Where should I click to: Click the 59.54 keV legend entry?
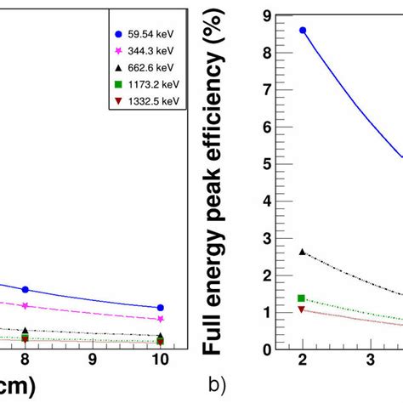tap(140, 35)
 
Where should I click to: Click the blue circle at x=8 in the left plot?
tap(26, 290)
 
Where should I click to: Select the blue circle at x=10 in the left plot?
tap(161, 308)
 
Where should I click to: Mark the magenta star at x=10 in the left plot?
tap(161, 319)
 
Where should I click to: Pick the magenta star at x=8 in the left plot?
tap(26, 305)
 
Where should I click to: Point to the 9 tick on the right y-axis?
tap(267, 14)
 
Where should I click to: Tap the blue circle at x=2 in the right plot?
tap(303, 30)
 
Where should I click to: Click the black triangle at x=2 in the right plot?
tap(303, 252)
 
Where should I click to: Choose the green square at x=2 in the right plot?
tap(303, 298)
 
